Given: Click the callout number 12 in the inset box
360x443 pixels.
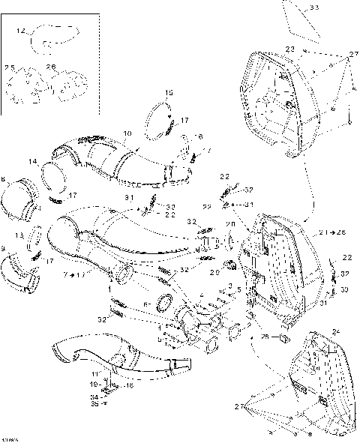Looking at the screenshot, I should [20, 31].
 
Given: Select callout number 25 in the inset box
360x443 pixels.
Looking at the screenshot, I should [10, 68].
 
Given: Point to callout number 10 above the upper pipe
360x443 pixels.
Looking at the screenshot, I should [127, 133].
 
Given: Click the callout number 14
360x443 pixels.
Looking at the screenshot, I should [33, 162].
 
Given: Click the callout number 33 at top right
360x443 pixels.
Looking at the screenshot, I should [313, 7].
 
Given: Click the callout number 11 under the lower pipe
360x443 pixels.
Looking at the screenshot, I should [95, 373].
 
